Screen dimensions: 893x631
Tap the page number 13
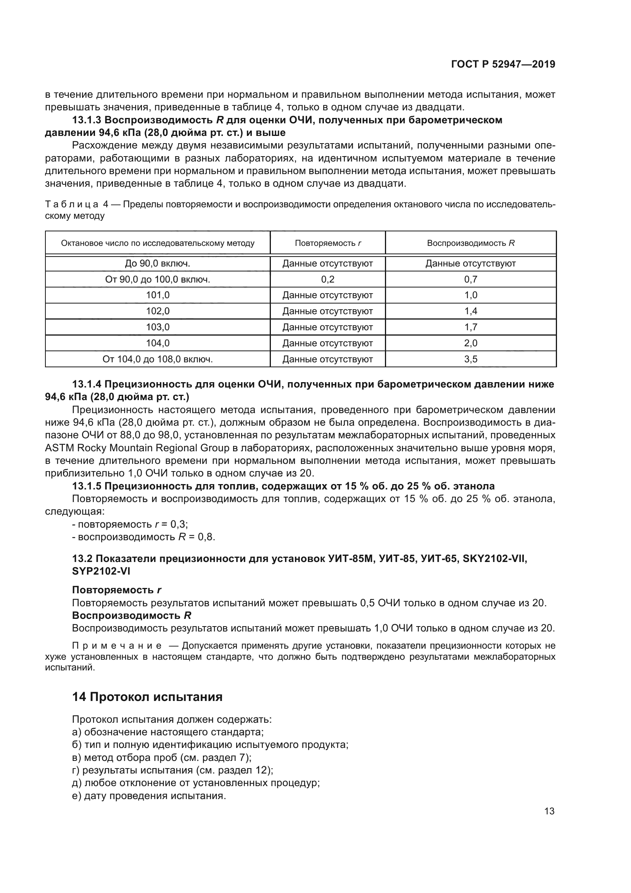(549, 811)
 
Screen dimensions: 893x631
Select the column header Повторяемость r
(328, 244)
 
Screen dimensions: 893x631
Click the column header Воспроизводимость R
(470, 244)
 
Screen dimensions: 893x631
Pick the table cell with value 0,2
(328, 279)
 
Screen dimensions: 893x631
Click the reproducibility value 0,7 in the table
(470, 279)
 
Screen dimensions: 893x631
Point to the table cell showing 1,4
(470, 311)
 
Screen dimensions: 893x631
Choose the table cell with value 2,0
(470, 343)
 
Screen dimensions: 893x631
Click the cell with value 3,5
(470, 359)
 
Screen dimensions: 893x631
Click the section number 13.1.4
(86, 384)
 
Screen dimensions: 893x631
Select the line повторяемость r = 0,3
(130, 524)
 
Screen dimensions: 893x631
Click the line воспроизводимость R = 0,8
(143, 537)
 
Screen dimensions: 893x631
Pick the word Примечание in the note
(117, 646)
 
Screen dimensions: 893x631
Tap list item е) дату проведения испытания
(149, 796)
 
